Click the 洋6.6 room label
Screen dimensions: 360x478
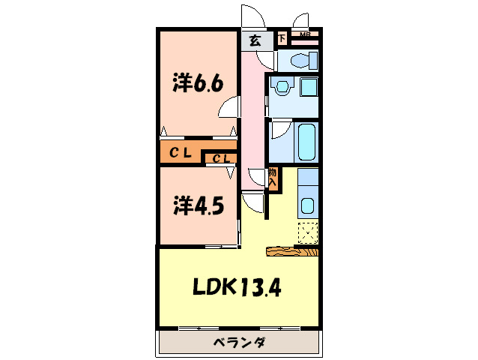click(198, 83)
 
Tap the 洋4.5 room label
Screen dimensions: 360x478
click(198, 205)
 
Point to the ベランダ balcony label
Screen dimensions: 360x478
click(239, 343)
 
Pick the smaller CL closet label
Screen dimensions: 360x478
click(220, 158)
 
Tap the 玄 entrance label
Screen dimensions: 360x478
click(255, 40)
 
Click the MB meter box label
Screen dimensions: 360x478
click(305, 34)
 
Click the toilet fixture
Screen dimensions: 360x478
click(301, 59)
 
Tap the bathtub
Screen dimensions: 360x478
click(306, 142)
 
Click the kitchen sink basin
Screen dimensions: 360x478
click(307, 205)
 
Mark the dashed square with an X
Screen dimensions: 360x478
click(307, 232)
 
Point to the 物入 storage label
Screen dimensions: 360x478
click(273, 178)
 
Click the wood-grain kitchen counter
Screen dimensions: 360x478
click(292, 251)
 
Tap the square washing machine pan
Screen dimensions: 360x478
click(309, 87)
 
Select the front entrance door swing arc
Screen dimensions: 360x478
click(252, 16)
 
